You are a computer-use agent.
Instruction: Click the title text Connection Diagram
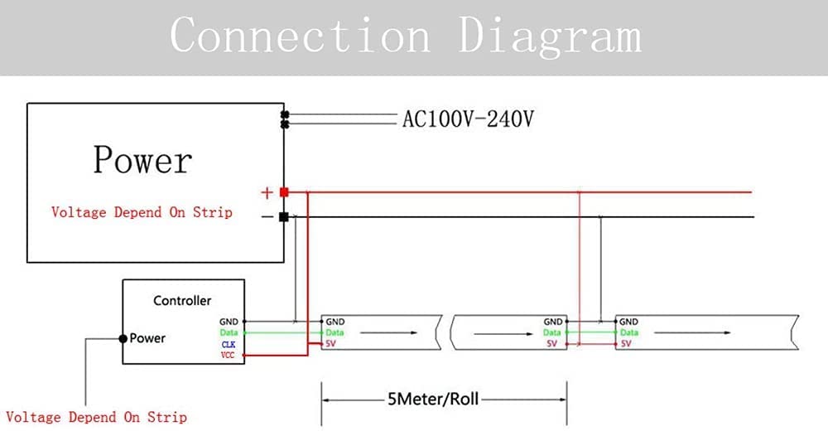click(406, 35)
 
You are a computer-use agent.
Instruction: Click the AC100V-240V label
click(468, 119)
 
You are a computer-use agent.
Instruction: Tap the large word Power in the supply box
click(142, 160)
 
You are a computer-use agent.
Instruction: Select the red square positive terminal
click(284, 192)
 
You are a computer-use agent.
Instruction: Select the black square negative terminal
click(284, 217)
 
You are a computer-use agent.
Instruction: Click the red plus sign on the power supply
click(267, 192)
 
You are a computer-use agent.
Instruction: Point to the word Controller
click(182, 300)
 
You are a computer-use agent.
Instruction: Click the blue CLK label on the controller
click(229, 345)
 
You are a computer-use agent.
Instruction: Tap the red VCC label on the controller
click(228, 355)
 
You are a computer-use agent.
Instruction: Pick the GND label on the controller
click(229, 322)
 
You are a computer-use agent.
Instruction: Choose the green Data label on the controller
click(229, 332)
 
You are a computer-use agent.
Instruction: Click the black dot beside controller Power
click(123, 338)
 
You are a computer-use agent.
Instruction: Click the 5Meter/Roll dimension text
click(433, 399)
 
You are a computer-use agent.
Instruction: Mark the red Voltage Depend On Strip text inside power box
click(142, 212)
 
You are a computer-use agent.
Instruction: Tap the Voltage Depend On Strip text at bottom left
click(96, 417)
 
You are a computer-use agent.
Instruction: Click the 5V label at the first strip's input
click(330, 344)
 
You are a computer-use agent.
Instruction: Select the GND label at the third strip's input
click(628, 322)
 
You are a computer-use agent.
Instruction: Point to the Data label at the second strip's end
click(551, 332)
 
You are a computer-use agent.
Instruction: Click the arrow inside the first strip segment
click(388, 332)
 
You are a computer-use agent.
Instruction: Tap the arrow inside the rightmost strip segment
click(692, 332)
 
